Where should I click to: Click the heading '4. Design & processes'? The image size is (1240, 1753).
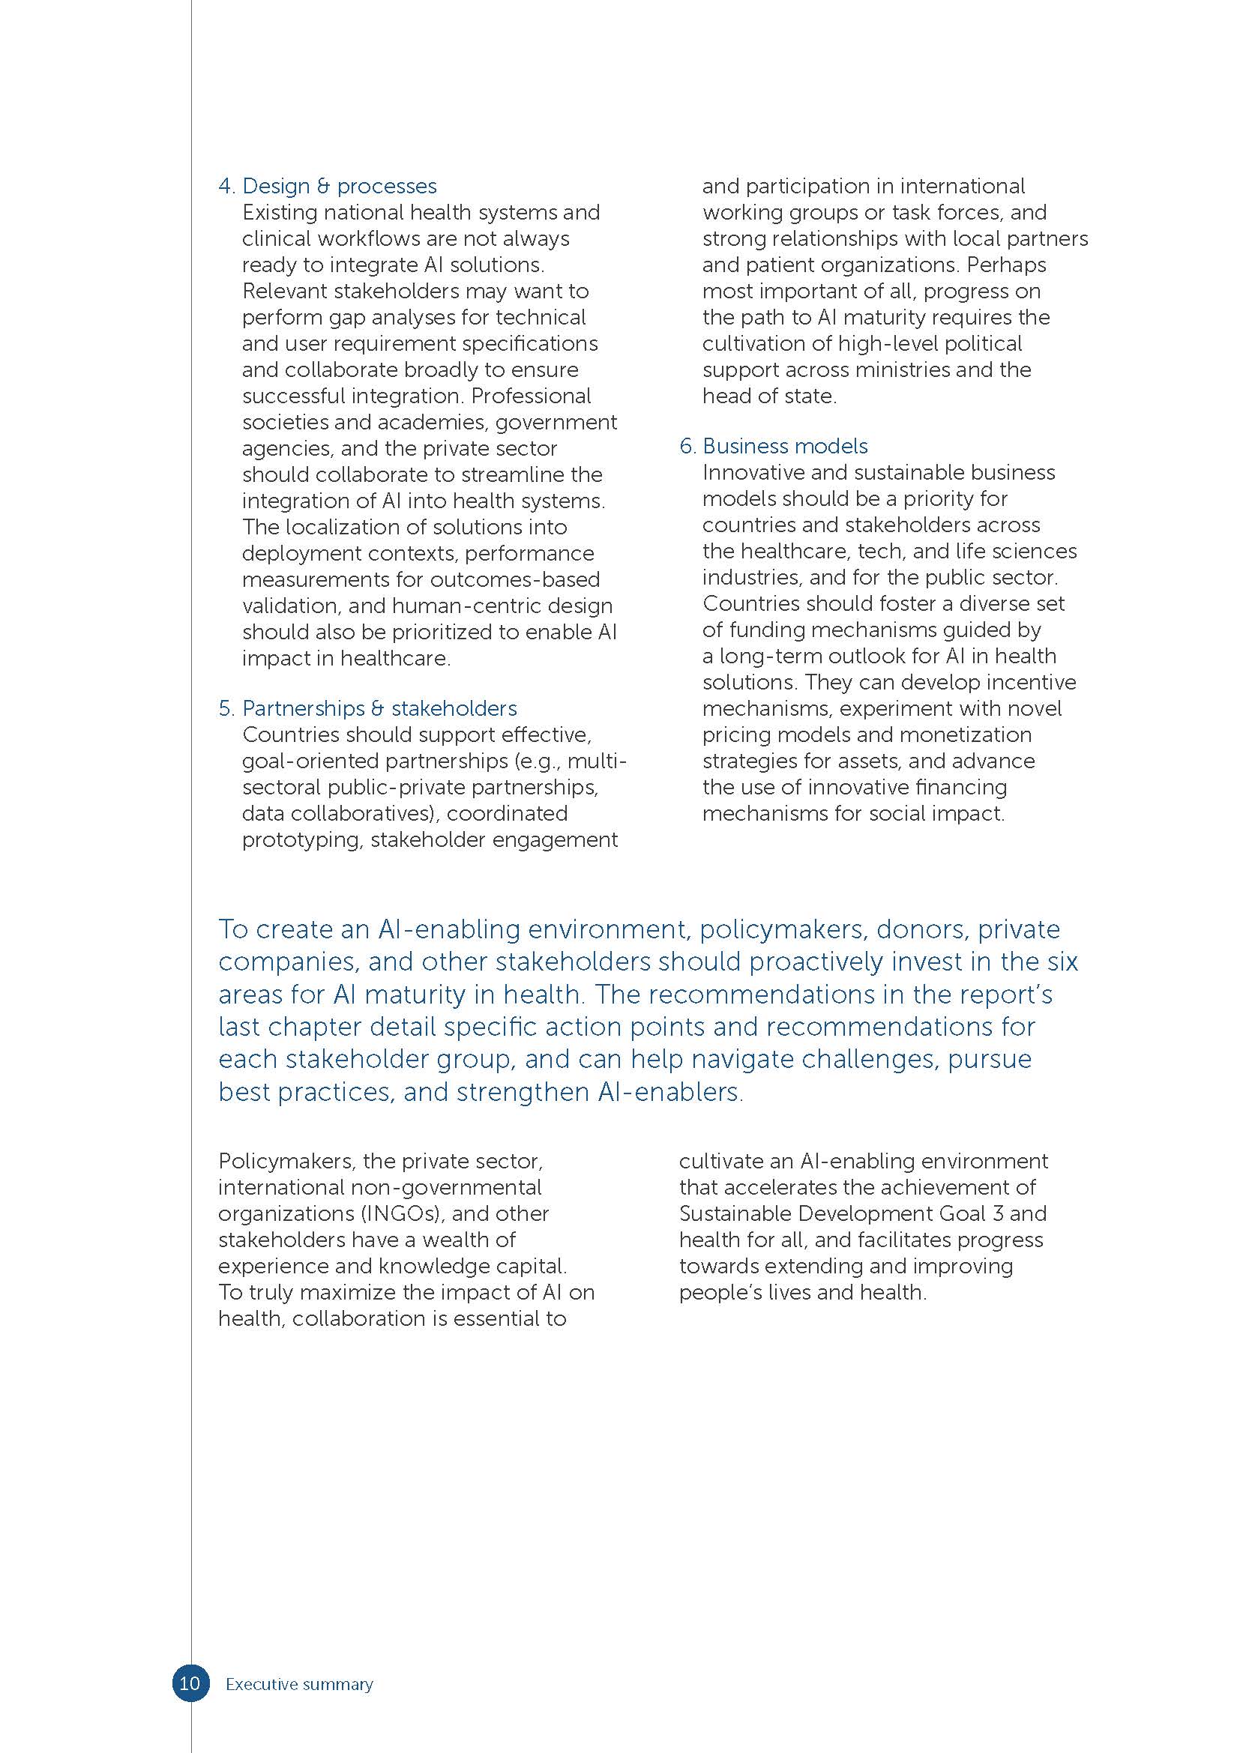pos(328,187)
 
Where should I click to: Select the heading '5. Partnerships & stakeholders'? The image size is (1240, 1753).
pos(367,708)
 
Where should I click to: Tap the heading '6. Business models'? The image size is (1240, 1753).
pos(774,446)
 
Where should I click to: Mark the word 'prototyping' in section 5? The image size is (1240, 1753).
pos(302,840)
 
